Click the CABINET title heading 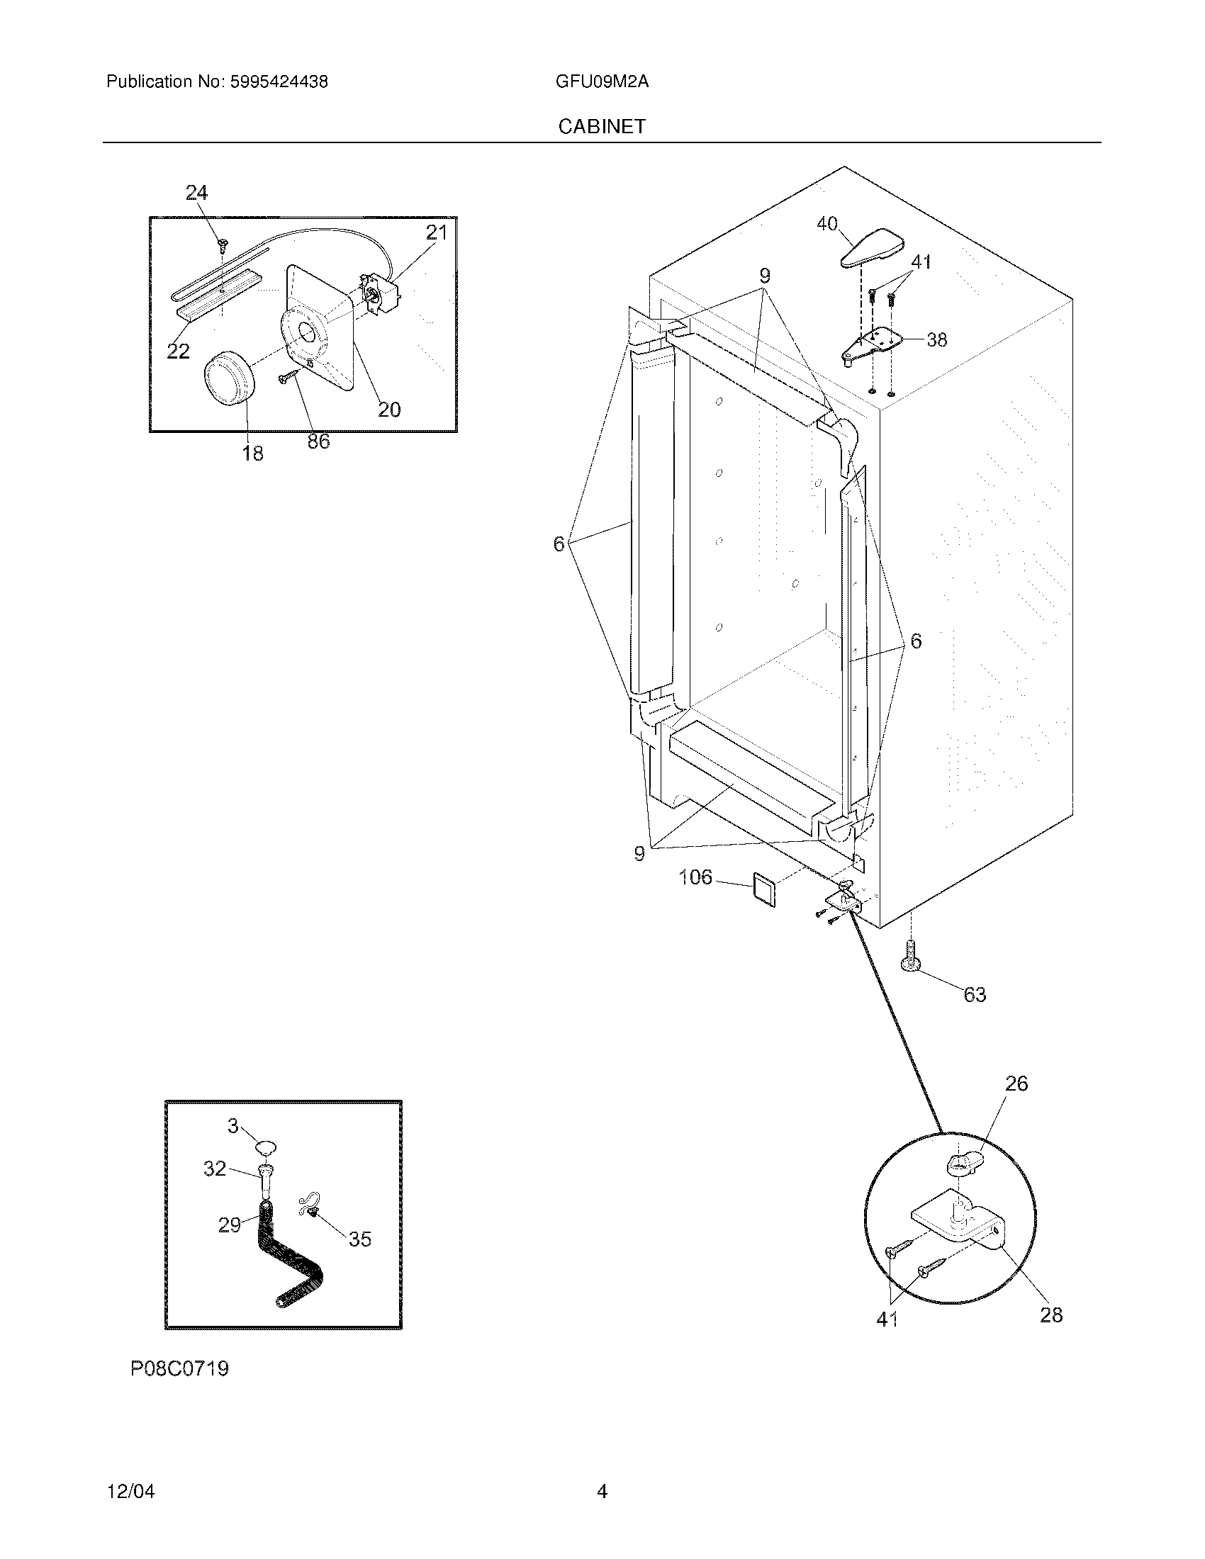click(602, 126)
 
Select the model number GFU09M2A click(602, 81)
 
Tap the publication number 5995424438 click(279, 81)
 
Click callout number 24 click(196, 193)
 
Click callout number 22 click(179, 351)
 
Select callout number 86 click(318, 441)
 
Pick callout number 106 click(695, 877)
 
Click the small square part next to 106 click(763, 892)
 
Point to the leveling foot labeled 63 click(911, 957)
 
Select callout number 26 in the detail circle click(1016, 1084)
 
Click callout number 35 click(360, 1239)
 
